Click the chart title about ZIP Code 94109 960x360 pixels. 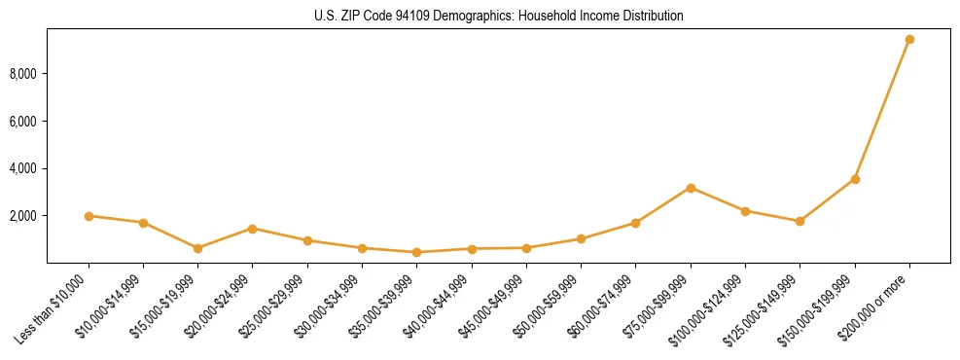(x=499, y=17)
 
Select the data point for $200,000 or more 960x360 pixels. (x=909, y=40)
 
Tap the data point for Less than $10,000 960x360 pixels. (x=89, y=216)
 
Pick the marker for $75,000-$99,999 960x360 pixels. (x=691, y=188)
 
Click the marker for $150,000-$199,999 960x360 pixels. (x=855, y=179)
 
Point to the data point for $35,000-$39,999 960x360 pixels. (x=417, y=252)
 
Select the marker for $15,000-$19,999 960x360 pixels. (x=198, y=248)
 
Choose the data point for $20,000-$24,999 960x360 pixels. (x=253, y=229)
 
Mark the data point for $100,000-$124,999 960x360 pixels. (x=745, y=211)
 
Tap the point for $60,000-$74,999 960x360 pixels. (x=636, y=223)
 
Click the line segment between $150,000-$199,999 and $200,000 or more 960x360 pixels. (x=882, y=109)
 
